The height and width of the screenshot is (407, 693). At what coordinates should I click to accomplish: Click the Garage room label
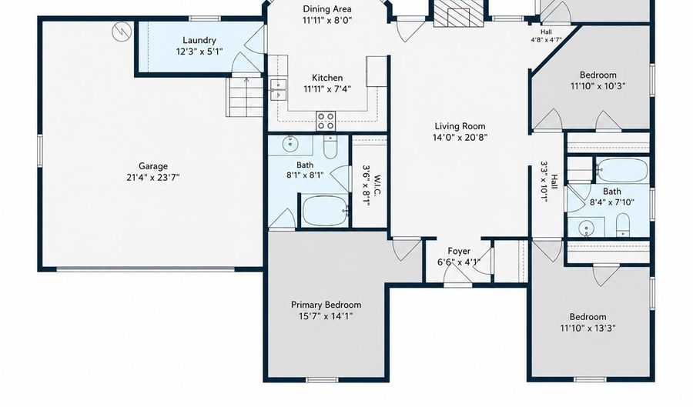[153, 166]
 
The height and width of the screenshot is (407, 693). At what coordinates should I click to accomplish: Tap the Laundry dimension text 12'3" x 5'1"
[199, 52]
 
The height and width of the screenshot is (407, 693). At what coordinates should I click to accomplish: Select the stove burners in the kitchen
[326, 121]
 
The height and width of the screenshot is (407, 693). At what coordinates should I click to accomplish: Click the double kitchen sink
[279, 89]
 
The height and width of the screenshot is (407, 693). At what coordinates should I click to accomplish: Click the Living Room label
[460, 126]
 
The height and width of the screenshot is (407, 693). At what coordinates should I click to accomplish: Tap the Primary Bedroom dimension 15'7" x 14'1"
[325, 316]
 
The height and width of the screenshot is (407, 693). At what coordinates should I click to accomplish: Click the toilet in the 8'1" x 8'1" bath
[330, 148]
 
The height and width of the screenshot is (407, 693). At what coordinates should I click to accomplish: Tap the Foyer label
[459, 251]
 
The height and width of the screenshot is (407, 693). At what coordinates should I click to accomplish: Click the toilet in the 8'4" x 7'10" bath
[623, 225]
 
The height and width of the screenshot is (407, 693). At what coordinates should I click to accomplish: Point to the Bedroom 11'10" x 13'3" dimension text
[588, 329]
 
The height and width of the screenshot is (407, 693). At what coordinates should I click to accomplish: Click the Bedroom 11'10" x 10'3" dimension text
[598, 86]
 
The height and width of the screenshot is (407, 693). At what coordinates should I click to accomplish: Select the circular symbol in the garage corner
[122, 32]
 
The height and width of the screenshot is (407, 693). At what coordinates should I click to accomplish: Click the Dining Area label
[327, 8]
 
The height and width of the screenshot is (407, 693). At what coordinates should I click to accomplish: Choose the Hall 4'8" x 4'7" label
[546, 32]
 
